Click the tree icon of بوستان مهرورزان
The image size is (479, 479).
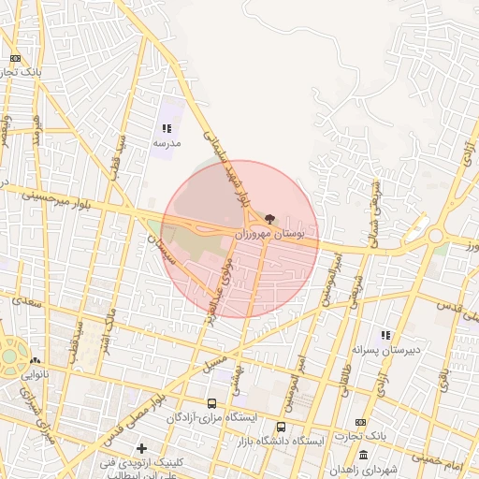pyautogui.click(x=270, y=217)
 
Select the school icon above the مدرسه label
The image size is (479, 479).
pyautogui.click(x=167, y=129)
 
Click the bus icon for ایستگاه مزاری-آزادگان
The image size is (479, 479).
pyautogui.click(x=212, y=403)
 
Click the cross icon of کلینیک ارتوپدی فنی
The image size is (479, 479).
pyautogui.click(x=141, y=449)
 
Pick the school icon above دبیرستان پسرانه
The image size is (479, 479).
pyautogui.click(x=385, y=335)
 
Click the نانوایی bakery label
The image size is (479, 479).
pyautogui.click(x=34, y=373)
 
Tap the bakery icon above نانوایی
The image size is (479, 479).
pyautogui.click(x=35, y=360)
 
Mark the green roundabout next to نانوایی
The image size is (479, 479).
pyautogui.click(x=8, y=356)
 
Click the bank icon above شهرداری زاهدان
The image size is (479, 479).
pyautogui.click(x=360, y=422)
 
